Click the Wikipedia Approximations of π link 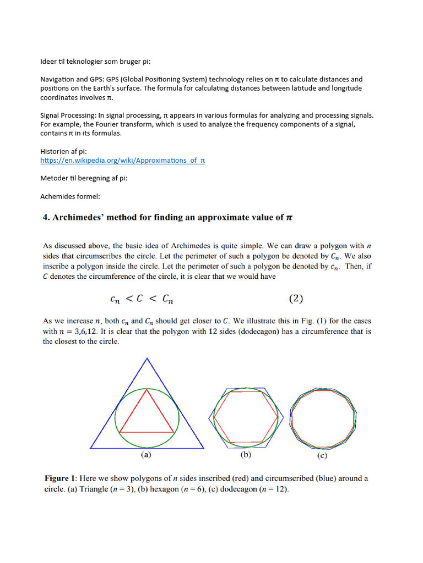(x=123, y=161)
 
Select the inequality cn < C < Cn (x=143, y=300)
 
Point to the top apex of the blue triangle (x=147, y=358)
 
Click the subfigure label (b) (x=246, y=455)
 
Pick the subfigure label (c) (x=322, y=455)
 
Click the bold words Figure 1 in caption (x=62, y=478)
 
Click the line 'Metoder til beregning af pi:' (x=84, y=179)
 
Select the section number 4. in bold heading (x=46, y=217)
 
